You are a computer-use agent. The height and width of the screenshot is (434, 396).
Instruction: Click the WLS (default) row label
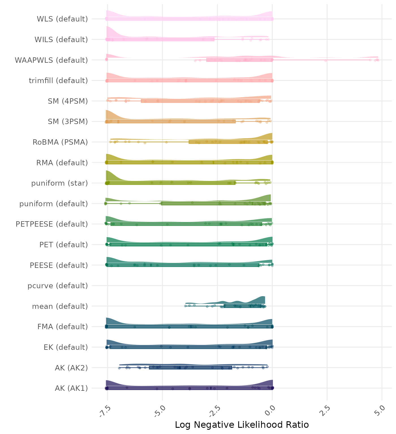tap(62, 19)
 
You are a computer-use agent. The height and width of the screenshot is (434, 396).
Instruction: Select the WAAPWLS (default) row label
tap(51, 60)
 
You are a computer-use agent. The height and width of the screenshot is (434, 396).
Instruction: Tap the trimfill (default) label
tap(58, 81)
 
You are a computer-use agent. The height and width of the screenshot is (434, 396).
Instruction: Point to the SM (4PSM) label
tap(68, 101)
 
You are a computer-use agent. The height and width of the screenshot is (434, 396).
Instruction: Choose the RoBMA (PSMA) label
tap(60, 142)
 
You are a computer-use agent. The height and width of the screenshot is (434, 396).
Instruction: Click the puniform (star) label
tap(59, 183)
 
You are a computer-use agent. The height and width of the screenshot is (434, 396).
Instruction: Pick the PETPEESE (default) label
tap(52, 224)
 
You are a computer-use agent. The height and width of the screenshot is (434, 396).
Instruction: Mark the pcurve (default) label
tap(58, 286)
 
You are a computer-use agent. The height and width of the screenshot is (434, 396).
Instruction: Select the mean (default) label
tap(60, 306)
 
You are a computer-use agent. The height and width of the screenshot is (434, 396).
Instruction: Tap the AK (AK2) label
tap(71, 368)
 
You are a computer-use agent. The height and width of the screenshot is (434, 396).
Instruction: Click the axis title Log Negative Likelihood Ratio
tap(242, 425)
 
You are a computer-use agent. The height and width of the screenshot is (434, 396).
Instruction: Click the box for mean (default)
tap(242, 306)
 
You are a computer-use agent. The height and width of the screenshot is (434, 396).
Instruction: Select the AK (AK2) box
tap(190, 368)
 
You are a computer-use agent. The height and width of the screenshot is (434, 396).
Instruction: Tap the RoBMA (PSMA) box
tap(228, 142)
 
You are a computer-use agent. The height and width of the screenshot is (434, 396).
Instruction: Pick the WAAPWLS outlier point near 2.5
tap(326, 60)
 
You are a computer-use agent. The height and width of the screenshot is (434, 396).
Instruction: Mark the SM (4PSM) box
tap(200, 101)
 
